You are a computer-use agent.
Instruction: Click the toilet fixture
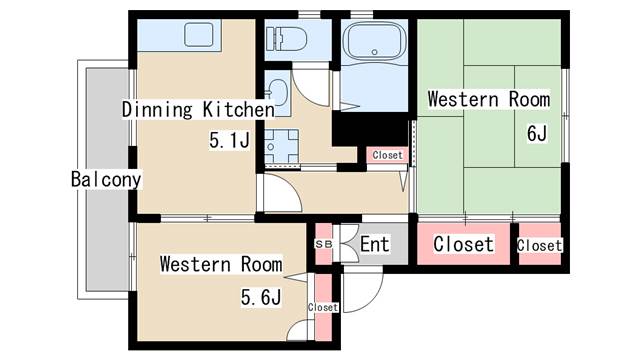point(287,39)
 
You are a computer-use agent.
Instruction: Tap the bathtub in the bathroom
point(375,42)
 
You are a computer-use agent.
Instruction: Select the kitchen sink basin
point(199,35)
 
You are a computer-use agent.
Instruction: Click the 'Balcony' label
point(106,179)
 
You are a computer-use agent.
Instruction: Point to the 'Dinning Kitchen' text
point(198,110)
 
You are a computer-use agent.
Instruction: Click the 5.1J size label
point(229,140)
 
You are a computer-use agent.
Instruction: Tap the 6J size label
point(537,133)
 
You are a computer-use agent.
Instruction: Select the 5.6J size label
point(261,297)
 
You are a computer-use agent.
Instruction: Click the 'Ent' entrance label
point(375,244)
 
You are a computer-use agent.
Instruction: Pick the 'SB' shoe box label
point(324,244)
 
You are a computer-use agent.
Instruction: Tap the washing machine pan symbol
point(281,147)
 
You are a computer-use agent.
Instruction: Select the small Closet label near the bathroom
point(387,155)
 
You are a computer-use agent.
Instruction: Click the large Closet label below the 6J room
point(463,244)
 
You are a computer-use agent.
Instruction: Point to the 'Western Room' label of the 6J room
point(489,100)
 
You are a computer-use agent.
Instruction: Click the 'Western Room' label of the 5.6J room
point(221,264)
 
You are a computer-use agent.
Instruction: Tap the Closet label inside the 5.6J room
point(323,307)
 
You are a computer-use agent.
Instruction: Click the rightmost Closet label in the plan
point(540,245)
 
